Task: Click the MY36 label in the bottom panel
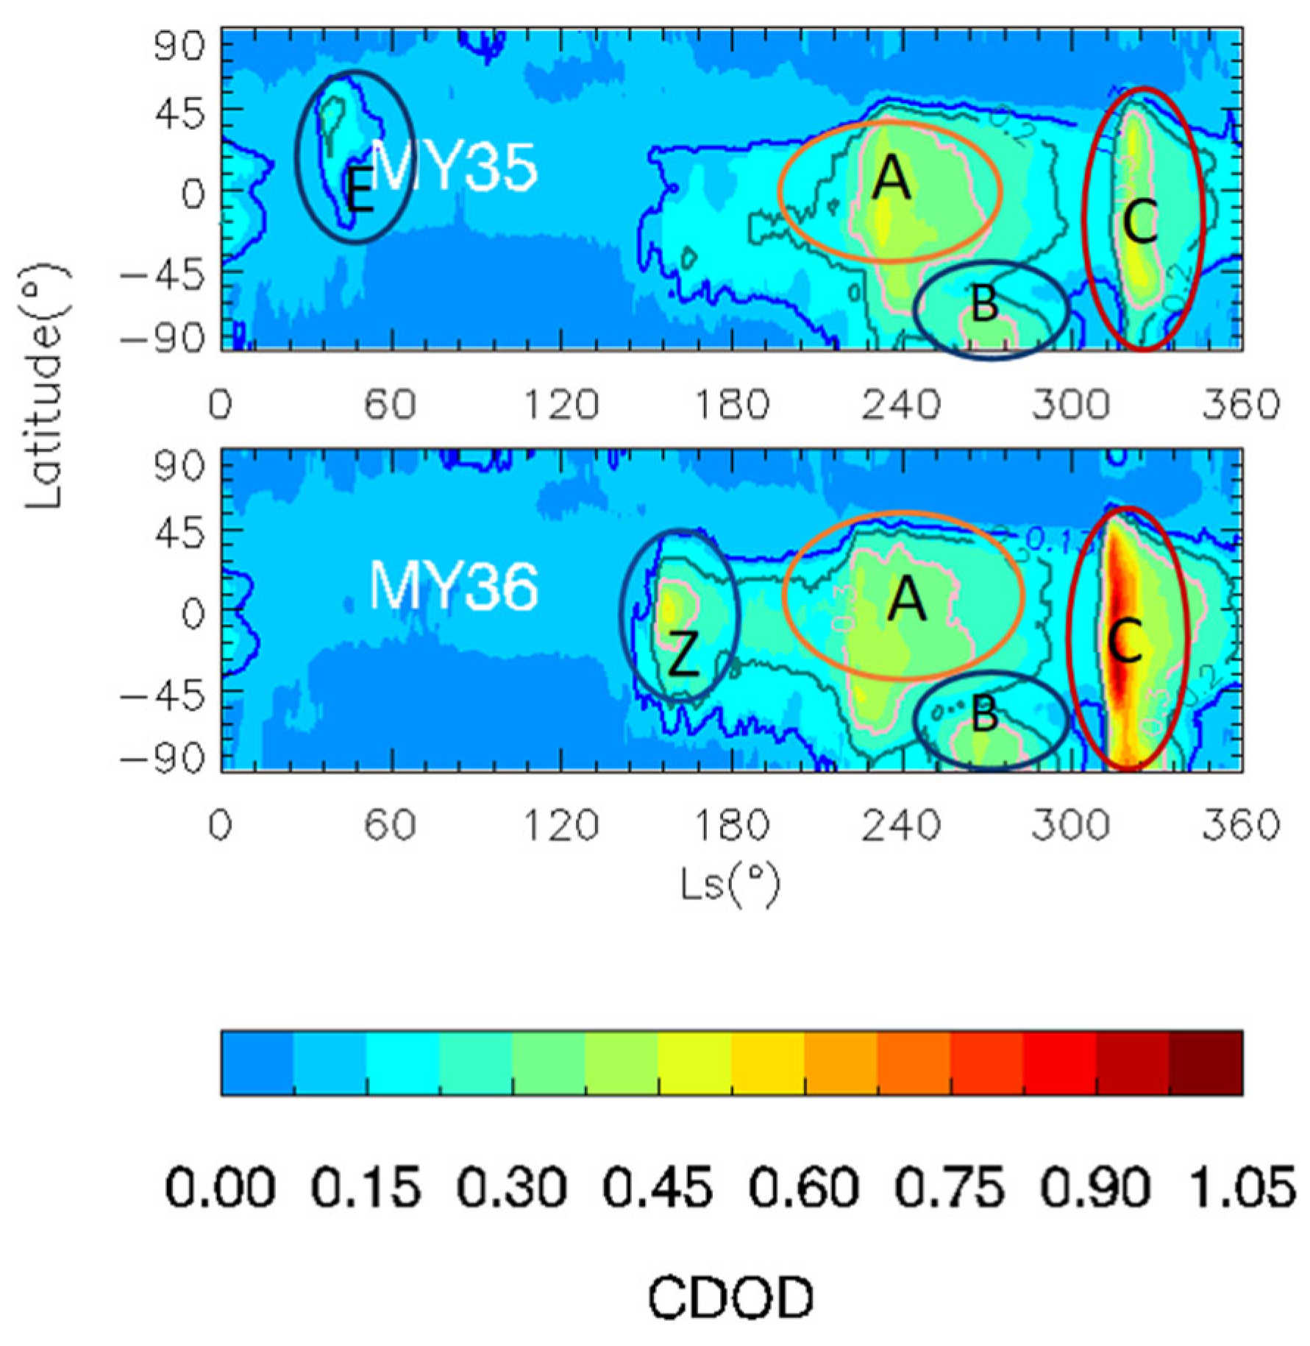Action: pos(453,587)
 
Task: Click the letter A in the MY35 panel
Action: pos(891,179)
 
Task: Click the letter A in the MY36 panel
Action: pos(906,598)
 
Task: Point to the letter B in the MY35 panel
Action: pos(984,302)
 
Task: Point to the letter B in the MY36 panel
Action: pos(984,712)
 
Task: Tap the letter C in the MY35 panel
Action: pos(1140,222)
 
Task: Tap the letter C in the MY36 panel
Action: pos(1125,641)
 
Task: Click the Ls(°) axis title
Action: pos(729,885)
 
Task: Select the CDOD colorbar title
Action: pos(730,1298)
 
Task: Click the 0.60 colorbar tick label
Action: pos(803,1187)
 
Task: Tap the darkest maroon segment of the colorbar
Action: pos(1206,1063)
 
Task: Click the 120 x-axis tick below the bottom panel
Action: pos(561,825)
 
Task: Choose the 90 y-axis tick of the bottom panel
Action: pos(179,467)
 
